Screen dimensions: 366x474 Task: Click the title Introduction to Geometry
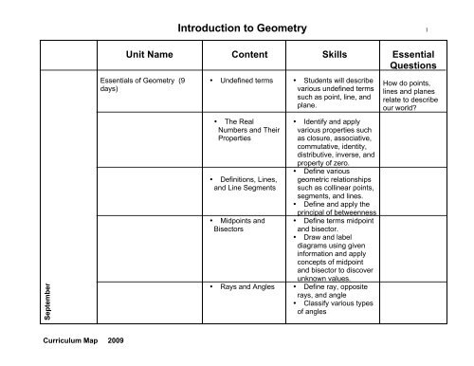coord(237,30)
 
